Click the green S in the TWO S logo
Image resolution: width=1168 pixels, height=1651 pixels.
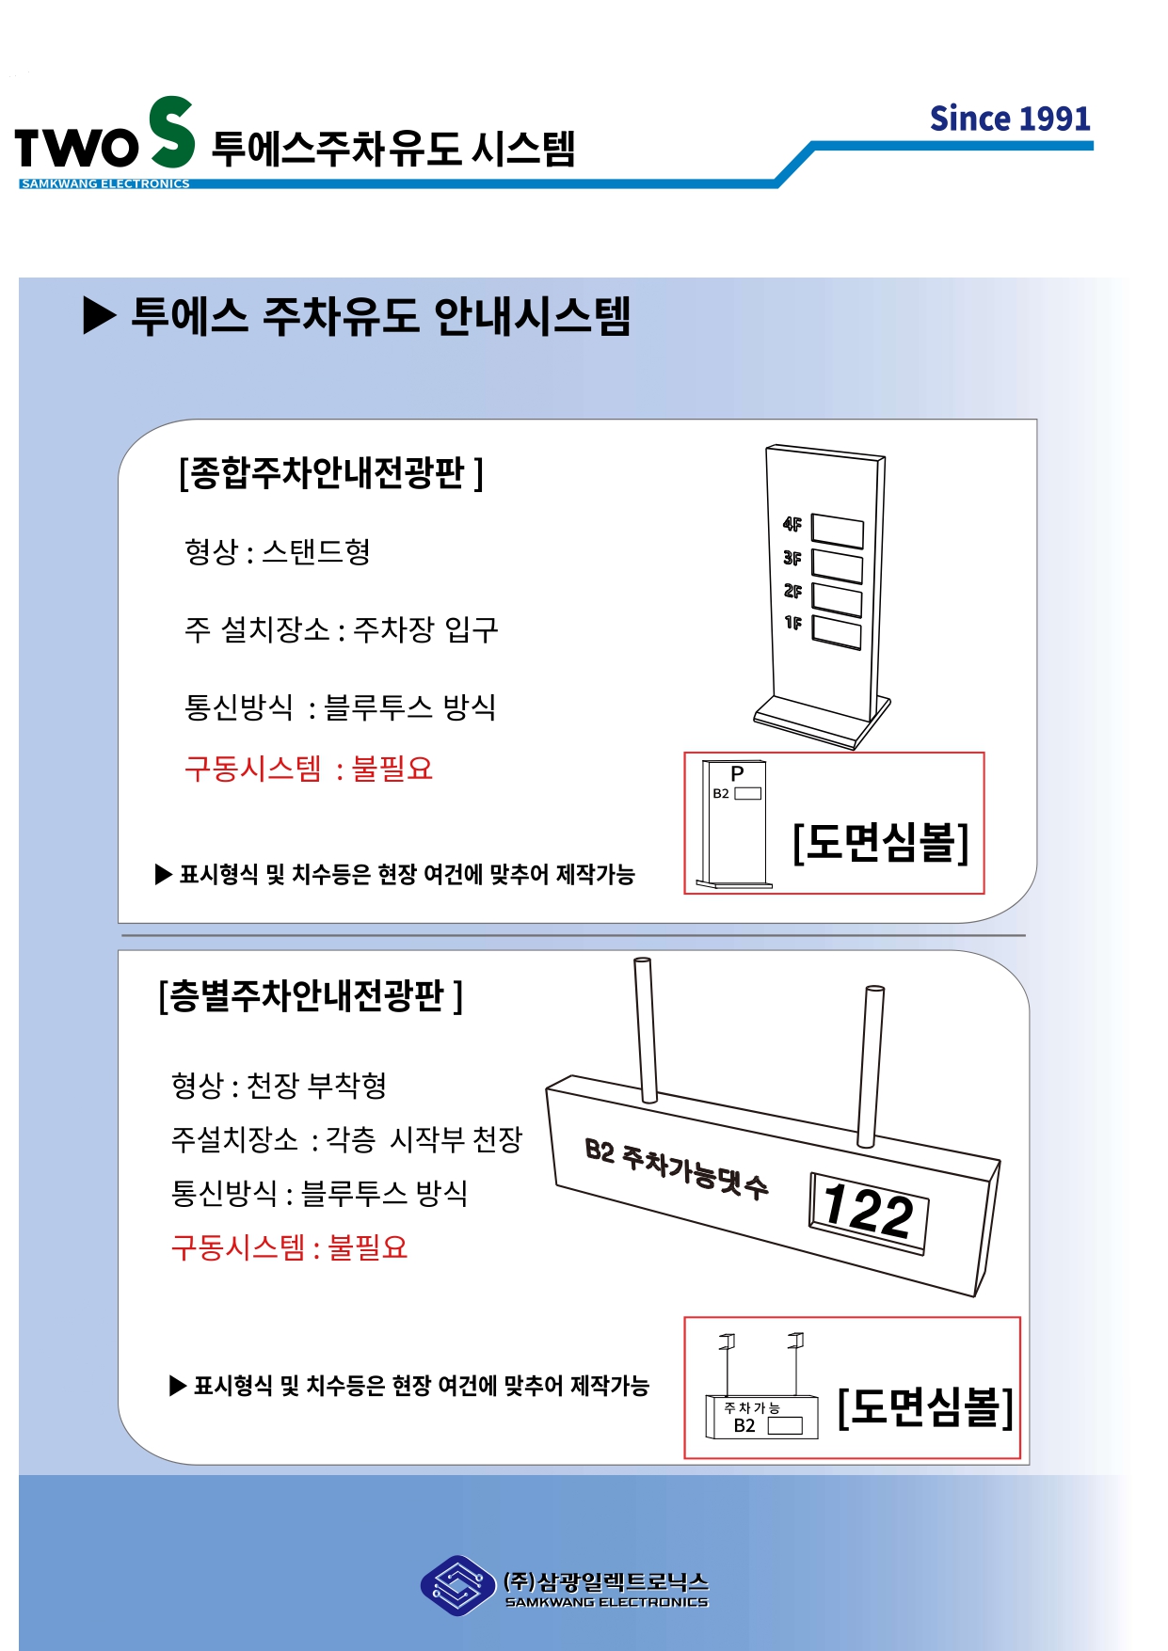point(171,132)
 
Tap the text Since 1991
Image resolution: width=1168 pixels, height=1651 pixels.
point(1010,119)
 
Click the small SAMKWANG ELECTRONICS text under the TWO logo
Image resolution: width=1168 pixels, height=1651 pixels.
point(105,183)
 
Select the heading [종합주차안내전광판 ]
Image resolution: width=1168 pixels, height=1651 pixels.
point(331,472)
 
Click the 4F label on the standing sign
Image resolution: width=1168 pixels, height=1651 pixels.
point(792,524)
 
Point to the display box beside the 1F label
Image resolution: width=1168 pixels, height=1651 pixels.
point(837,632)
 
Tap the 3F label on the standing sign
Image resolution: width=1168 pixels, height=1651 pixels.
point(792,558)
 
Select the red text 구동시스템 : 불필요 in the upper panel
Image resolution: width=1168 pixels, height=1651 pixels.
point(309,769)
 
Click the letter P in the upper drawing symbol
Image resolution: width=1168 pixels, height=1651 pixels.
point(738,773)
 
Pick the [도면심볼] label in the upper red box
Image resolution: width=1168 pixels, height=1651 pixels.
point(881,842)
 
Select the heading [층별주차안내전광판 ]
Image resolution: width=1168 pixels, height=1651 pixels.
point(311,995)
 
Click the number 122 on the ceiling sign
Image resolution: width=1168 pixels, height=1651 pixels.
point(868,1212)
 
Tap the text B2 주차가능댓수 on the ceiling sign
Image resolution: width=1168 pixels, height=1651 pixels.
point(677,1167)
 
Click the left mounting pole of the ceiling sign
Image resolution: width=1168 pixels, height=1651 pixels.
point(646,1029)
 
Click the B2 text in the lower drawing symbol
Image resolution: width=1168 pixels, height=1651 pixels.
point(744,1425)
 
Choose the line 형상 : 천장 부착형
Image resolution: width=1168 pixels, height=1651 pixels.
point(279,1085)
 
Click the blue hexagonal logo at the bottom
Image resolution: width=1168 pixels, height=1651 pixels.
point(457,1585)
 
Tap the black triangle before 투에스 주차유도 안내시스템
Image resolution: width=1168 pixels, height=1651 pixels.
point(100,315)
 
